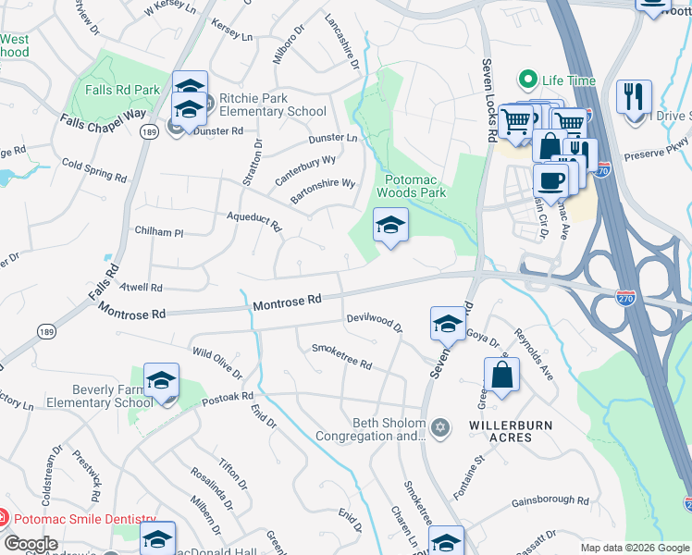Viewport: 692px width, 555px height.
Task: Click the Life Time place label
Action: point(567,80)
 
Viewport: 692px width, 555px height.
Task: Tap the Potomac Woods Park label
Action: point(412,185)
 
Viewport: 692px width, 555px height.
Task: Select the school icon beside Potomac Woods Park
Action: point(390,225)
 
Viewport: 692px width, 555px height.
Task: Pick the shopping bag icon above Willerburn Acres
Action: point(501,376)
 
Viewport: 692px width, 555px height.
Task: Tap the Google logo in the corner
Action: point(30,544)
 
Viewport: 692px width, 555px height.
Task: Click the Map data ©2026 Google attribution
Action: point(635,548)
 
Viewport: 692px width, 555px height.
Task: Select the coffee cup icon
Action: point(551,180)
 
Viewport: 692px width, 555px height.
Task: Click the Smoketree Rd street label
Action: point(340,356)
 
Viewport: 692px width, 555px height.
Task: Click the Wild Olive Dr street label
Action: point(216,364)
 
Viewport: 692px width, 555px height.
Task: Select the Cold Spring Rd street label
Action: point(93,169)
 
